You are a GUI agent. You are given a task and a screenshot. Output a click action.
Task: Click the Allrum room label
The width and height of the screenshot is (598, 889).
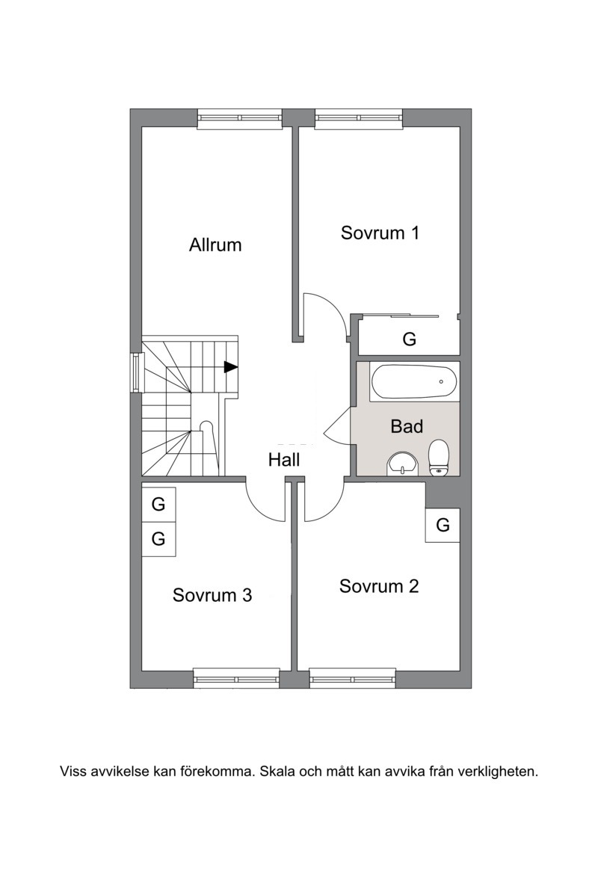point(215,245)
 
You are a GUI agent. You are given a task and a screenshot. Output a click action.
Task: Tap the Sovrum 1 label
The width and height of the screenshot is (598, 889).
point(380,233)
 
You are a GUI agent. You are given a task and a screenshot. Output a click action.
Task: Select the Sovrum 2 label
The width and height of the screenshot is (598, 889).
point(379,585)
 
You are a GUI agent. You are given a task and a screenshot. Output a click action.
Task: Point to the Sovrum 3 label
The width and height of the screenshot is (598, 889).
point(212,594)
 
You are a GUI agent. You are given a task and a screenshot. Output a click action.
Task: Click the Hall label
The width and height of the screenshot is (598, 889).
point(284,460)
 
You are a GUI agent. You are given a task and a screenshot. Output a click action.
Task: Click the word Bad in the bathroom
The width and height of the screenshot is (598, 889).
point(407,425)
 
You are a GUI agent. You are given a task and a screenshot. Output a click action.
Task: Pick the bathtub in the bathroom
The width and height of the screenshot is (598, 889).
point(413,382)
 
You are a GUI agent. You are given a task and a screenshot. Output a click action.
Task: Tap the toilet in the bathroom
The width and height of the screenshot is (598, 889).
point(439,458)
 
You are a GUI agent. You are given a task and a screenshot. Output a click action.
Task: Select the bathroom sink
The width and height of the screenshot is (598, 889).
point(402,464)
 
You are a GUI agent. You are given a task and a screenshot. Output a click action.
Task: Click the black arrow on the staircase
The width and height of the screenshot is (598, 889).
point(231,367)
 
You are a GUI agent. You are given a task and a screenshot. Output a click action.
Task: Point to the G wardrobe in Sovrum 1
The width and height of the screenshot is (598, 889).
point(409,339)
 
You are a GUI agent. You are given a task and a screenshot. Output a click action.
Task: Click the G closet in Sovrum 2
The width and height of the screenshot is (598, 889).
point(443,525)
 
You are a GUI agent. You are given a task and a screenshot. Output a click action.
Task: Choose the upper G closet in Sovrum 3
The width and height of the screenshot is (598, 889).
point(158,504)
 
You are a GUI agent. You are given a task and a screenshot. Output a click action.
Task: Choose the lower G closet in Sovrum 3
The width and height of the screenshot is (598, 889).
point(158,538)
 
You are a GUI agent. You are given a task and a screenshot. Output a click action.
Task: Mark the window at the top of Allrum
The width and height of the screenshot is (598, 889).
point(240,118)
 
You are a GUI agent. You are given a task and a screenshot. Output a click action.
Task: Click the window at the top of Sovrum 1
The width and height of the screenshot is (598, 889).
point(360,118)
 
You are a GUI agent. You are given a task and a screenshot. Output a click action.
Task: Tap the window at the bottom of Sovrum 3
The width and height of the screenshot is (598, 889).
point(237,679)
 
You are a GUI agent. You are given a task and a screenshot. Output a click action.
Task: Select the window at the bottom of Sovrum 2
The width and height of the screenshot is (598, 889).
point(353,679)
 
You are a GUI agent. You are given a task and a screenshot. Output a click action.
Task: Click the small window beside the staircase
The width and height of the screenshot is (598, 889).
point(137,372)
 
